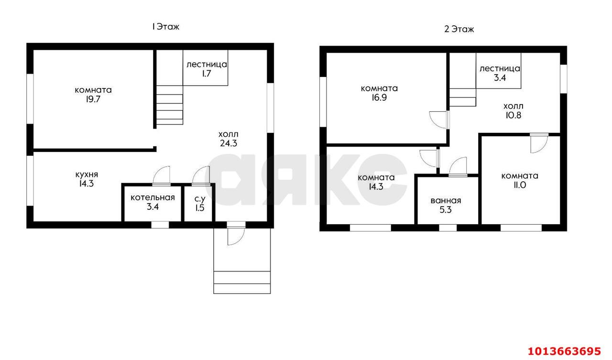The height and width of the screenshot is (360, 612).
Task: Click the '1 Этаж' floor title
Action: (x=165, y=27)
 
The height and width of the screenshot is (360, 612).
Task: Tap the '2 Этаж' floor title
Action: (x=459, y=29)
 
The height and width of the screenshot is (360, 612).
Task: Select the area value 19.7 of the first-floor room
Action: (x=93, y=99)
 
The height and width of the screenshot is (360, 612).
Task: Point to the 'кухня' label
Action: (x=87, y=175)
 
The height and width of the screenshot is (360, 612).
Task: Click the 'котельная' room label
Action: (x=153, y=197)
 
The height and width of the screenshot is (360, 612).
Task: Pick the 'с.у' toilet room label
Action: (x=200, y=199)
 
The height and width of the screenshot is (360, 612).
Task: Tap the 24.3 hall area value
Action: (x=229, y=143)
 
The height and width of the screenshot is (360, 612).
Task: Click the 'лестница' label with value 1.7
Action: (x=207, y=65)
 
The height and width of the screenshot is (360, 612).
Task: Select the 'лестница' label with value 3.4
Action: (x=500, y=68)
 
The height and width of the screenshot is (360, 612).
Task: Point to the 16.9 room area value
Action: (x=379, y=98)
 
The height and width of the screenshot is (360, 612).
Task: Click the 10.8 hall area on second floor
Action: (x=514, y=115)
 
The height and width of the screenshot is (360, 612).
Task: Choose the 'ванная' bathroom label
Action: (x=446, y=201)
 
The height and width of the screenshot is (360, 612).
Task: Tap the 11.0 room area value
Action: (x=519, y=185)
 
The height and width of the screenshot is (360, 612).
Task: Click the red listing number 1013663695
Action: (x=564, y=351)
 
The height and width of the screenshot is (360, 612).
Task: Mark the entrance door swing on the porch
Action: (x=236, y=234)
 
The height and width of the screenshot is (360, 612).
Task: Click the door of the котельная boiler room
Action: (x=161, y=176)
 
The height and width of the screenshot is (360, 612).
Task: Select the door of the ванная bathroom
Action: (x=458, y=167)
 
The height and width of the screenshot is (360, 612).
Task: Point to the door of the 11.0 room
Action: (x=539, y=143)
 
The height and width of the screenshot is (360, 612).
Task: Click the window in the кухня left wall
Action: (x=30, y=181)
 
